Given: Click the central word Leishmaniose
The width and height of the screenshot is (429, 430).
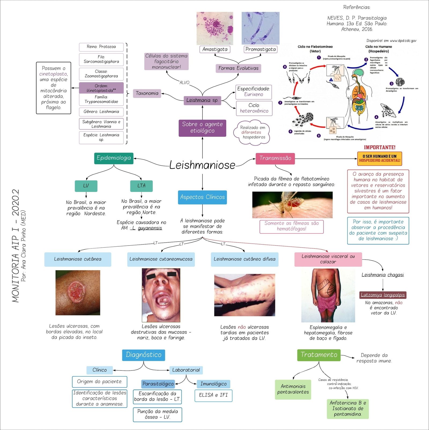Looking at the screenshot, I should (202, 165).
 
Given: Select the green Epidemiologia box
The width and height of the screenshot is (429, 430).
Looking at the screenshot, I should (114, 158).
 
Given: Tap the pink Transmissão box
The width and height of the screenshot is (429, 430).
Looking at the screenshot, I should (275, 158).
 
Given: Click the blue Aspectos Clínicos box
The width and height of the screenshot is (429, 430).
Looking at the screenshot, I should (202, 197).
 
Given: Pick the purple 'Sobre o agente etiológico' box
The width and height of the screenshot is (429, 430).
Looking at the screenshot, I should (202, 128).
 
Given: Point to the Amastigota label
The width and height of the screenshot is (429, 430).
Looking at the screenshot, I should (215, 49).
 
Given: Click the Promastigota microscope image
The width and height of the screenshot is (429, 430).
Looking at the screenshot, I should (260, 28).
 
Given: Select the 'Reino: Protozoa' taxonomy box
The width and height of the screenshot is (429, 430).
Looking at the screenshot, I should (101, 47).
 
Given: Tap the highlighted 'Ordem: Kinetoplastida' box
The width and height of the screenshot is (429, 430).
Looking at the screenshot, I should (101, 88).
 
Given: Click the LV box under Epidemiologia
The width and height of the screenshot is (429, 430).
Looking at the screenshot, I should (86, 186).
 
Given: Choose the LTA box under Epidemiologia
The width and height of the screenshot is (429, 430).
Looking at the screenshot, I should (141, 186).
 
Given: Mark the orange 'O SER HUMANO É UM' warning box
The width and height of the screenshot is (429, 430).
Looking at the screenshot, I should (379, 158).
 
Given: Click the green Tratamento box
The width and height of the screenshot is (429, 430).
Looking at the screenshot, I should (319, 355).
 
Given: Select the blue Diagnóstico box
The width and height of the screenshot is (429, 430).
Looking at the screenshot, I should (143, 355).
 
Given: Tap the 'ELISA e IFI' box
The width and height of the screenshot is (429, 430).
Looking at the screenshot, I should (213, 395).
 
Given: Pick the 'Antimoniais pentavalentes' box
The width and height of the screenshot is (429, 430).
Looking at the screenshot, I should (293, 389).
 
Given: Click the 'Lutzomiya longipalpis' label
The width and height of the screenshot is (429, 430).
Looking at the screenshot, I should (383, 295).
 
